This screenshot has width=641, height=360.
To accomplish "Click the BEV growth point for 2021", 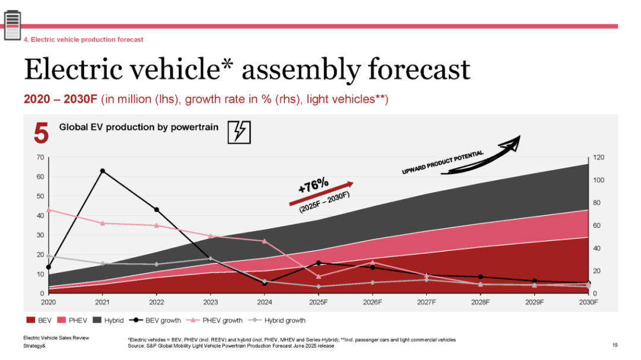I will pos(103,171).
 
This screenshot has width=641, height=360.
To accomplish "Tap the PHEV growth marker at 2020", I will pos(48,209).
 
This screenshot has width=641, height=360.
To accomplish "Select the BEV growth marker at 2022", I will pos(157,209).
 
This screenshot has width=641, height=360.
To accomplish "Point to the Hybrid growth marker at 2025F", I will pos(319,286).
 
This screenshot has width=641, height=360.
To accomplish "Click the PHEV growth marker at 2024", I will pos(265,241).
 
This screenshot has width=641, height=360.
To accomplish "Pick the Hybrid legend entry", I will pos(109,320).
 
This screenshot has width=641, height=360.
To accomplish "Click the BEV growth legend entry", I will pos(156,320).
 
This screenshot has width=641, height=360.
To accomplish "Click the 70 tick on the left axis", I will pos(40,157).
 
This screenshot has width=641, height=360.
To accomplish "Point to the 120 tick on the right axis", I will pos(599,157).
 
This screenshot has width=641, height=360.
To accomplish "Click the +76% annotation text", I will pos(313,185).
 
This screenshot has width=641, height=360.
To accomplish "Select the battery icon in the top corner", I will pos(12,27).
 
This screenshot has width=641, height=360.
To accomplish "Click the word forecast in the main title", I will pos(408,69).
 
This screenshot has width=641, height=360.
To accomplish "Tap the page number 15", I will pos(615,345).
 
